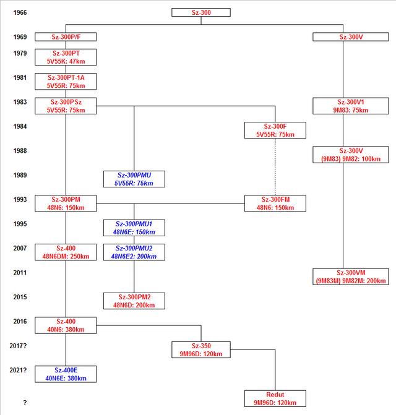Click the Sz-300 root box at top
[201, 12]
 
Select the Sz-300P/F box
[66, 36]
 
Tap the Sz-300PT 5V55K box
[66, 57]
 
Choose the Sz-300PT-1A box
[66, 82]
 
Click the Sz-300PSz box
[66, 106]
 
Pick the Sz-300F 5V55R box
[275, 130]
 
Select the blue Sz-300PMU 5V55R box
[134, 179]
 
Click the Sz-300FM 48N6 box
[275, 203]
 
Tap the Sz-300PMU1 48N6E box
[134, 228]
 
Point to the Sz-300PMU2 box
[134, 252]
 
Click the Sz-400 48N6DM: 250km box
[66, 252]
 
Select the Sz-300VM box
[351, 276]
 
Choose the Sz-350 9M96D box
[201, 350]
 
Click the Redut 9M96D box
[275, 398]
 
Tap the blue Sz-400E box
[66, 374]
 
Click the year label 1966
[20, 12]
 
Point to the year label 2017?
[19, 346]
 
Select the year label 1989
[20, 175]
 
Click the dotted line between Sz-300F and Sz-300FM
[275, 167]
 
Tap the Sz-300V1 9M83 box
[351, 106]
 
